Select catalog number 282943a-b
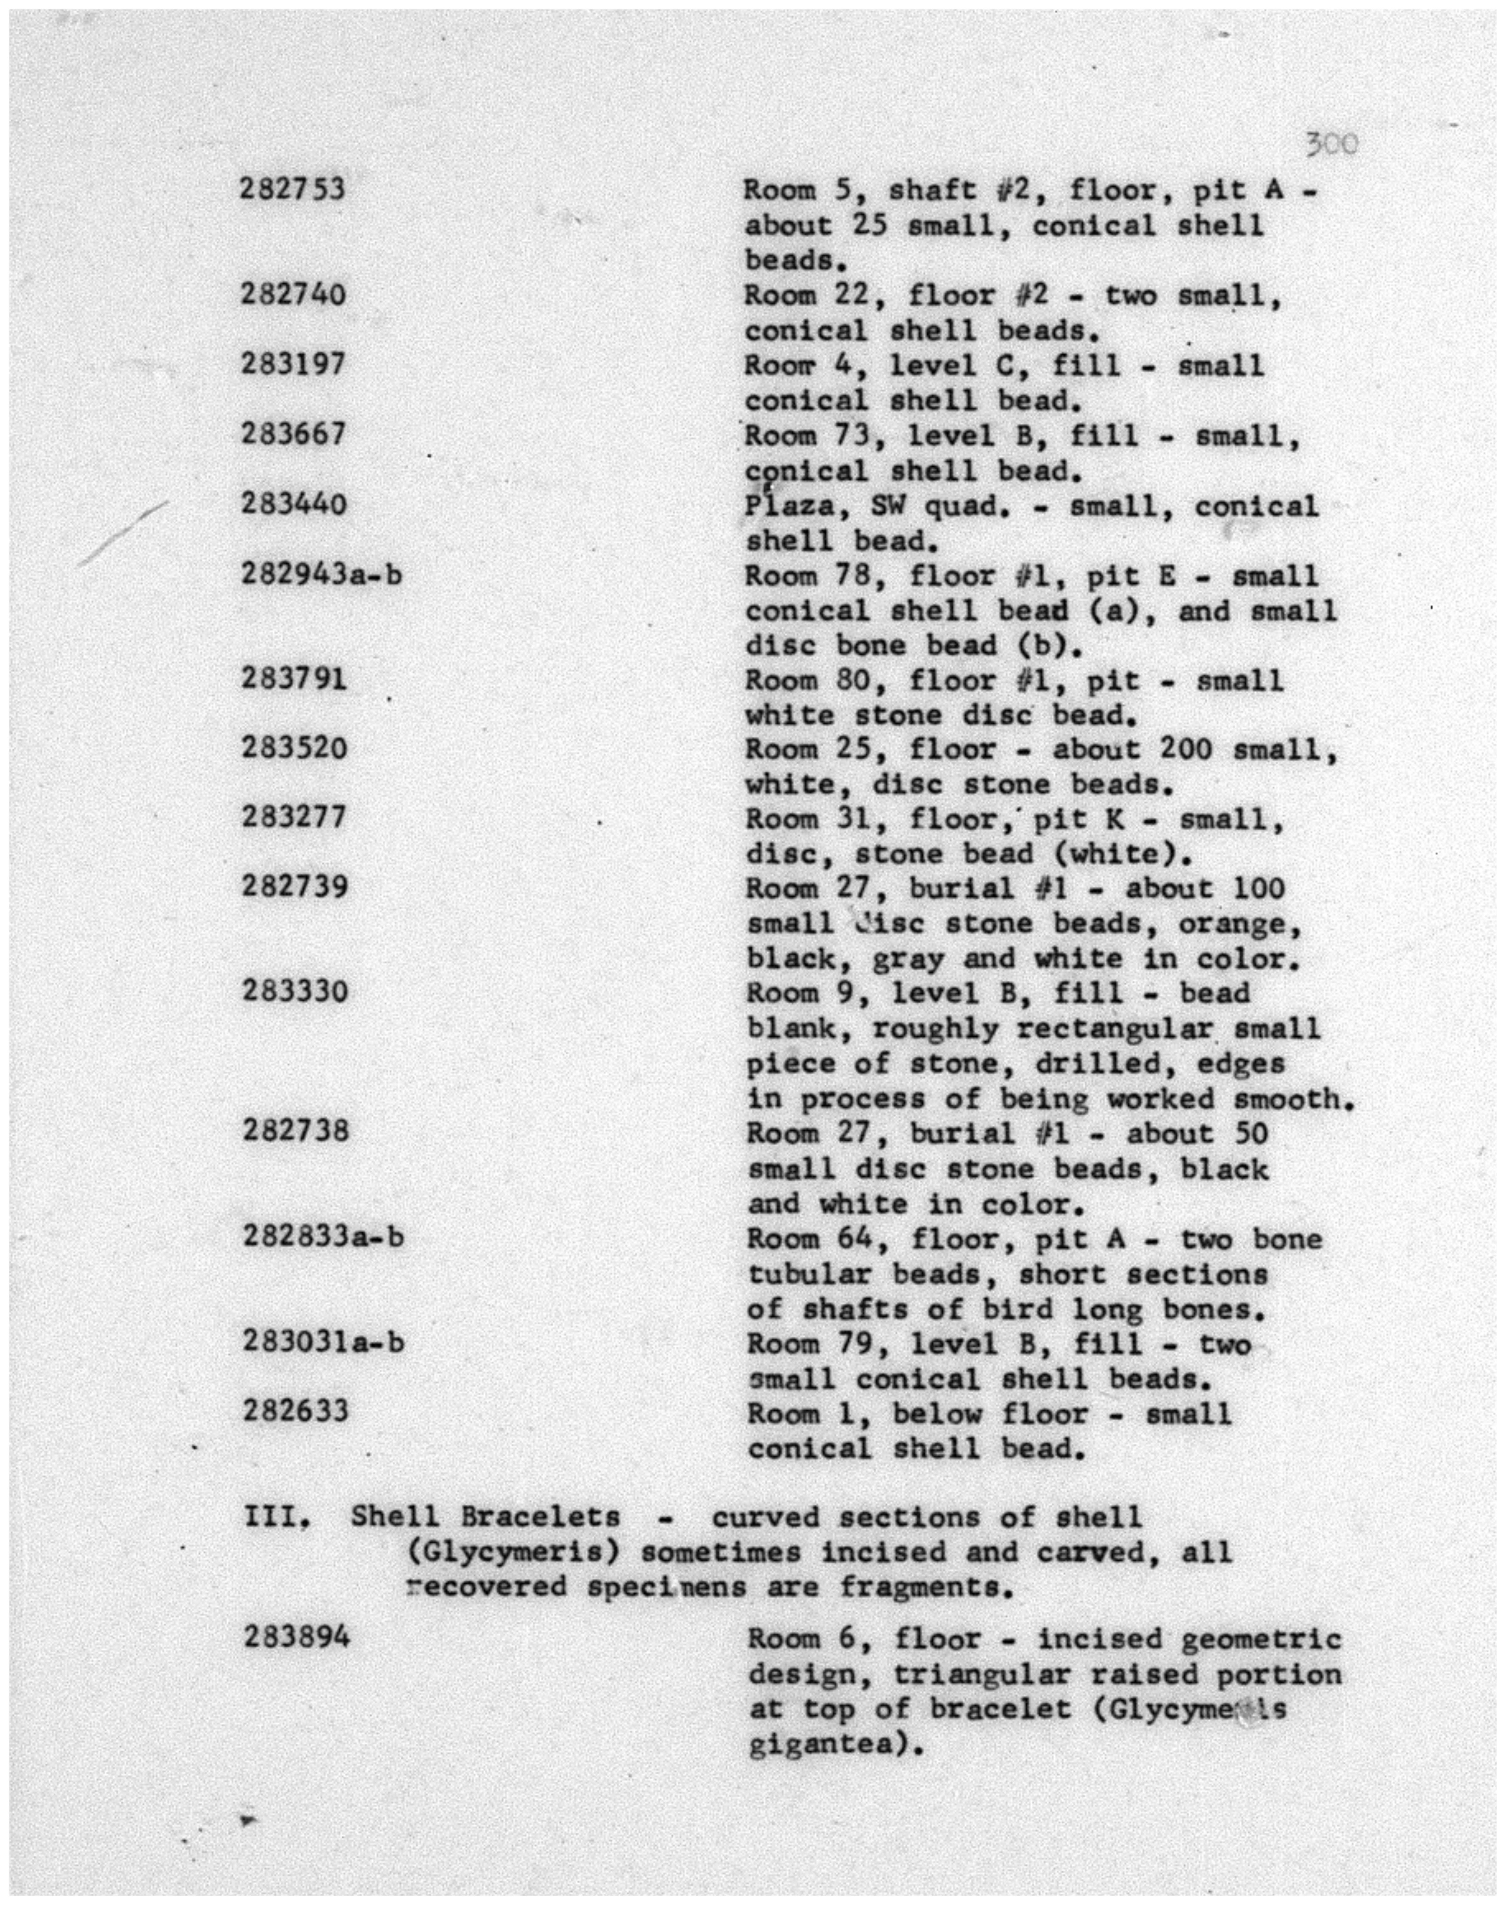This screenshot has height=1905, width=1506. tap(321, 574)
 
